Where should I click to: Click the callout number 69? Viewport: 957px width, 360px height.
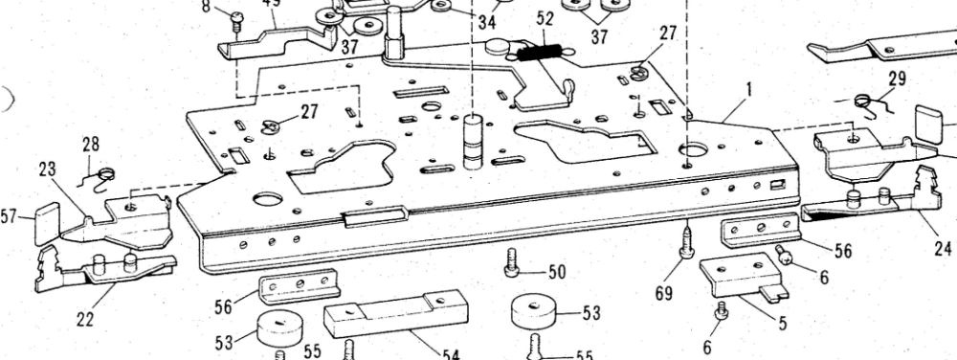click(663, 291)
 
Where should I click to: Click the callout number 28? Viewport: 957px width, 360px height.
click(90, 145)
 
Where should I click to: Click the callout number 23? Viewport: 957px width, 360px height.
click(47, 169)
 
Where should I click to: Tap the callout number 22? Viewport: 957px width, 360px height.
click(85, 320)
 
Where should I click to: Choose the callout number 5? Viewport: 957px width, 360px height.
click(783, 323)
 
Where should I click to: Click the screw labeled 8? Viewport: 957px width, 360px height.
click(234, 18)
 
